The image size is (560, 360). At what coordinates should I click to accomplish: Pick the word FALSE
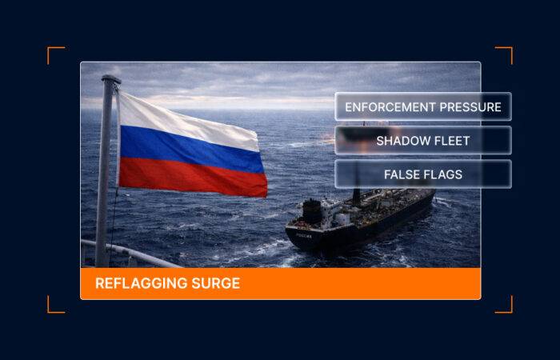click(402, 174)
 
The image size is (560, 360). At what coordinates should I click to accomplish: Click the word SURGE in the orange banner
click(218, 283)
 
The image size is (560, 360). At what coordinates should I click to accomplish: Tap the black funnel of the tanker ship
click(312, 211)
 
